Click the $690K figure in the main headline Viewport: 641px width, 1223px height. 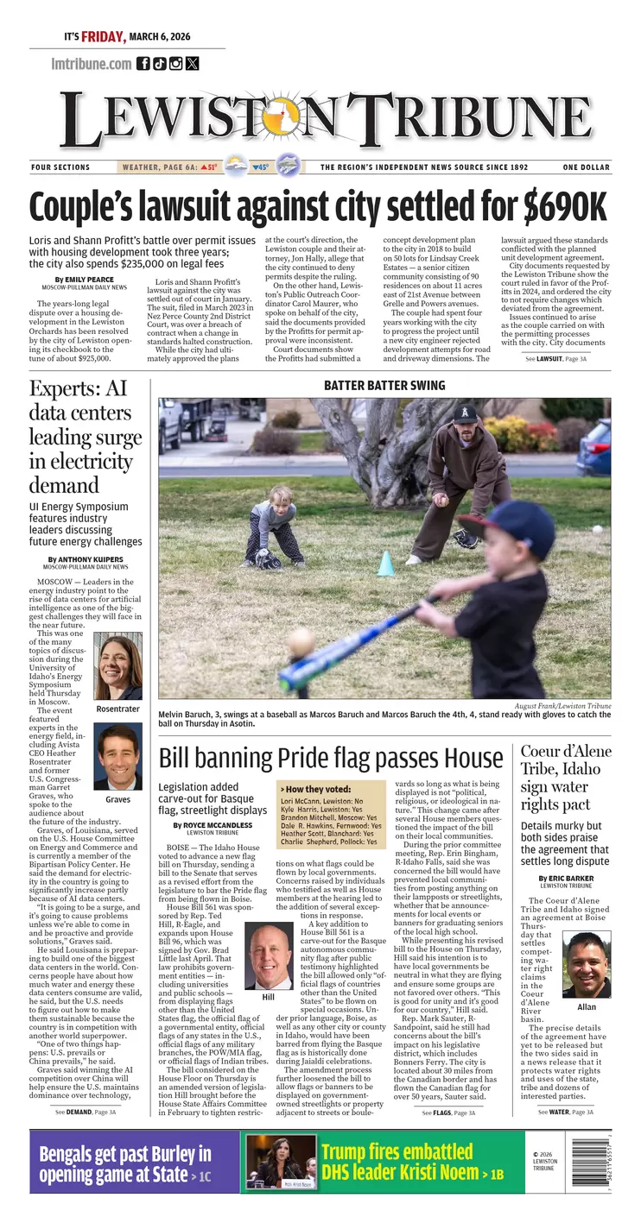565,207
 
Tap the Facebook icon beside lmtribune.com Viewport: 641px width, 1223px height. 143,63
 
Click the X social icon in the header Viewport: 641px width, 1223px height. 192,63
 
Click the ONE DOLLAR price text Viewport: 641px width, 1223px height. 587,167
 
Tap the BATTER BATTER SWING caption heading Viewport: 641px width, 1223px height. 384,386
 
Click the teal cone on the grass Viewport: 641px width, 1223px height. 386,564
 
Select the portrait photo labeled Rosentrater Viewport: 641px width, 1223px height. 117,667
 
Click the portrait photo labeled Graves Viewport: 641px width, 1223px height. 117,756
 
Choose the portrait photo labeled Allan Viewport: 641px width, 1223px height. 587,965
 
